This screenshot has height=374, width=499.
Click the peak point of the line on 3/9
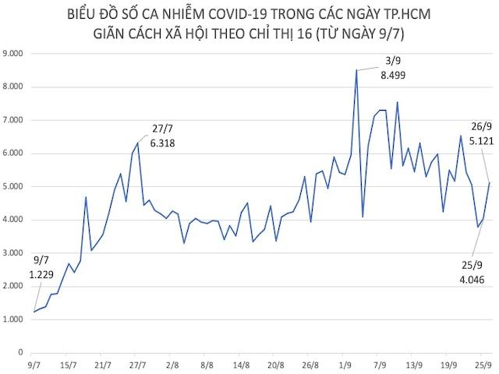(356, 70)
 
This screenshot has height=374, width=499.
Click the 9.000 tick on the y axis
(16, 54)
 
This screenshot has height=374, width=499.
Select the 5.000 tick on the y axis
(16, 187)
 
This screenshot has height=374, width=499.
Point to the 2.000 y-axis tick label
(16, 287)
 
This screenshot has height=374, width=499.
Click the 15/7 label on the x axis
(68, 365)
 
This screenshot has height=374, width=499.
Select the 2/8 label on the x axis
(172, 365)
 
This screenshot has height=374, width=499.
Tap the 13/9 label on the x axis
(414, 365)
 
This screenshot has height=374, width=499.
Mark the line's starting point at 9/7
(34, 312)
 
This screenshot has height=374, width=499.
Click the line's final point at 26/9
(489, 182)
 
